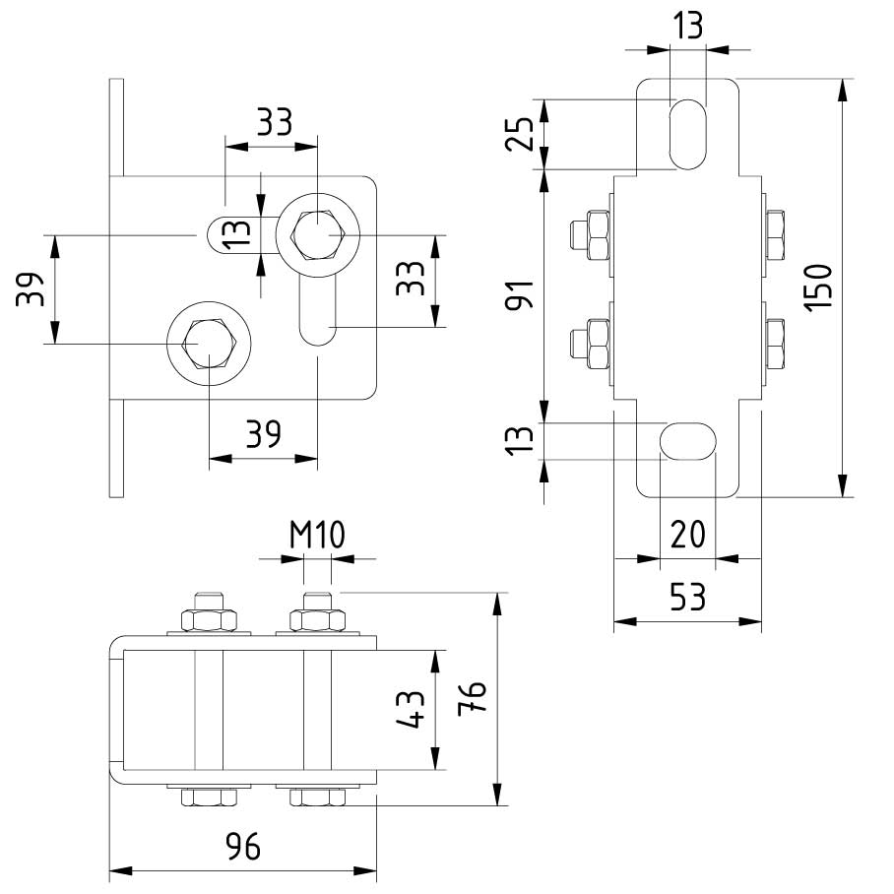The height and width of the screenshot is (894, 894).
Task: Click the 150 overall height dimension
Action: tap(824, 287)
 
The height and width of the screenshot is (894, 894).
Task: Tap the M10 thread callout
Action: tap(316, 536)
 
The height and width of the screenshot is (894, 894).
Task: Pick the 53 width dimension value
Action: tap(687, 598)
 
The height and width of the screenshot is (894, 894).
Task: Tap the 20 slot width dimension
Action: tap(687, 536)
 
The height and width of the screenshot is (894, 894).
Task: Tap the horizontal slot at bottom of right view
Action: tap(687, 439)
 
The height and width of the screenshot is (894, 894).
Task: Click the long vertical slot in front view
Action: tap(318, 310)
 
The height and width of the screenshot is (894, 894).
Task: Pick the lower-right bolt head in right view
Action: tap(776, 344)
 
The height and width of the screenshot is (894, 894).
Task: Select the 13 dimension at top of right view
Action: tap(688, 27)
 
